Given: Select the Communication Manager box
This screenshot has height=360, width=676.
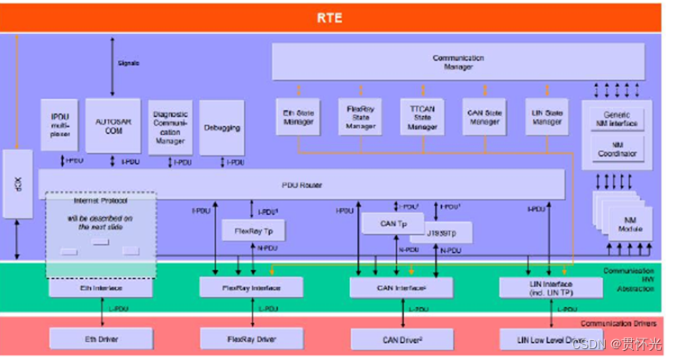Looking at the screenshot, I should coord(457,61).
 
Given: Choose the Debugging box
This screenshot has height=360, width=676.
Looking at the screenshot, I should coord(221,128).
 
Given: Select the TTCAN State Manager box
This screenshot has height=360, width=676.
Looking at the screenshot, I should coord(416,117).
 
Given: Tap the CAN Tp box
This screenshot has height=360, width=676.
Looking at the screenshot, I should coord(387,222).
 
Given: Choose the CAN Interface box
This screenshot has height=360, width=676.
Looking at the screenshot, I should coord(401,287).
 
